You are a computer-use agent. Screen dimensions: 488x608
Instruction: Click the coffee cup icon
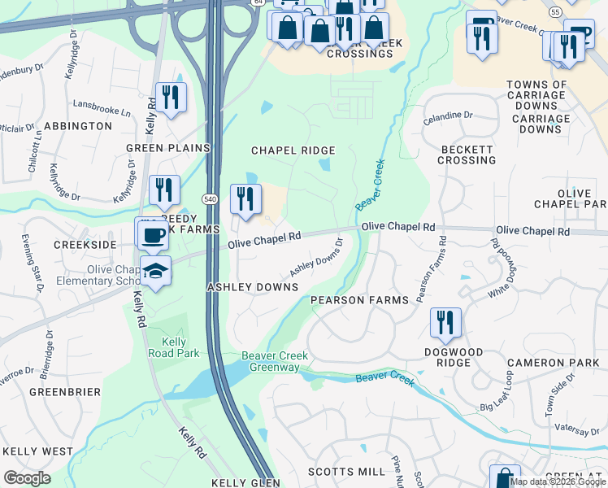click(151, 235)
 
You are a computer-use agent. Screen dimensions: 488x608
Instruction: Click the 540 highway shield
click(210, 198)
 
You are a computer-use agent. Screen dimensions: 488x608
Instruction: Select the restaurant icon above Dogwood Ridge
click(445, 322)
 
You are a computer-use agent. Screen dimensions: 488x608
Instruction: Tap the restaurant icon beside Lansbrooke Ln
click(171, 98)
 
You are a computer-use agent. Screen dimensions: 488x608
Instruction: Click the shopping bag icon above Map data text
click(505, 477)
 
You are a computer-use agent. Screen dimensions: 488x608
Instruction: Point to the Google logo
click(27, 478)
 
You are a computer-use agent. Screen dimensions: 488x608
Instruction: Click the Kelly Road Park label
click(168, 347)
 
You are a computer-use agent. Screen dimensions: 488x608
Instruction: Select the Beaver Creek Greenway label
click(271, 362)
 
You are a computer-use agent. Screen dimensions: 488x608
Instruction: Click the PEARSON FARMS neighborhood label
click(360, 300)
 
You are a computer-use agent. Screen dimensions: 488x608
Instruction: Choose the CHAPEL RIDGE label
click(293, 150)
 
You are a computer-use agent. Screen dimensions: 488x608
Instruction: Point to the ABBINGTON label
click(78, 126)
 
